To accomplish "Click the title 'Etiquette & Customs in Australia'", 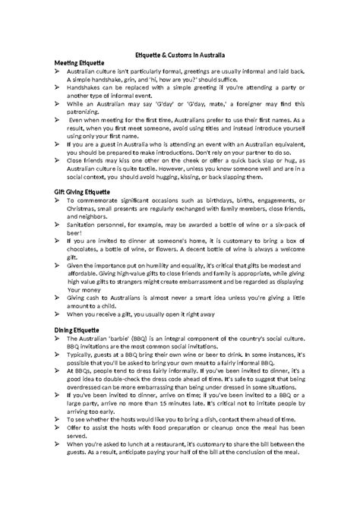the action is point(179,55).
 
